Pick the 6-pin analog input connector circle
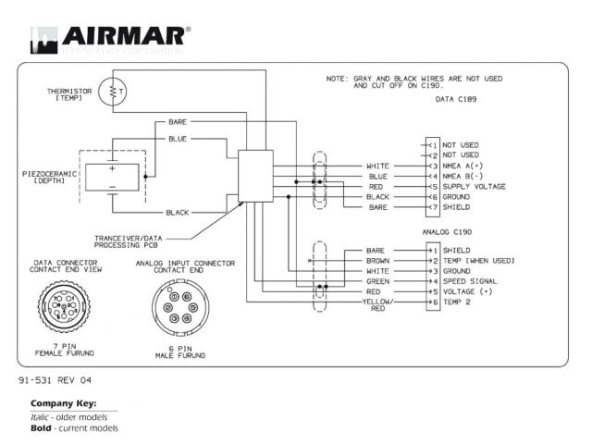180,308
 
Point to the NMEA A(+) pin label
466,166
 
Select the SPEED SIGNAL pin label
472,281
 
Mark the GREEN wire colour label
376,281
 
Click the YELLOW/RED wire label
376,305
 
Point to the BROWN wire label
376,261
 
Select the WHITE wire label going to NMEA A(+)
376,166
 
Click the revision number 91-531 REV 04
55,380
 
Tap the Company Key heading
63,403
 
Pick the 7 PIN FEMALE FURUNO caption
64,350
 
